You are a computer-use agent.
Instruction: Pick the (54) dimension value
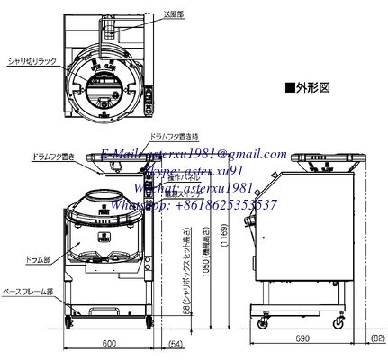[176, 345]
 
